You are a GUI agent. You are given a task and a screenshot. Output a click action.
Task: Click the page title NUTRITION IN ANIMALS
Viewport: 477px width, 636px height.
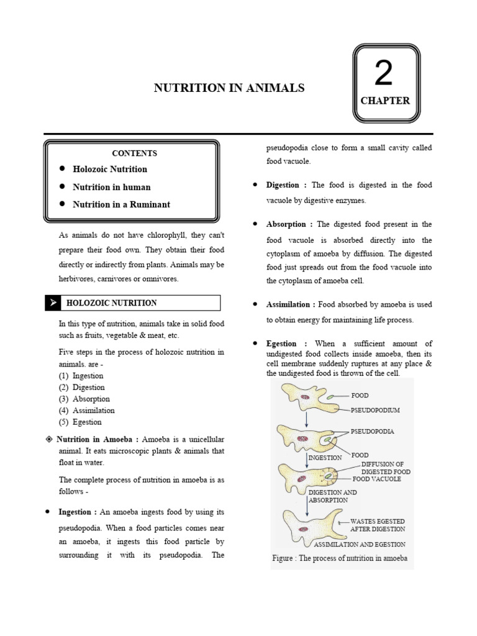click(x=229, y=88)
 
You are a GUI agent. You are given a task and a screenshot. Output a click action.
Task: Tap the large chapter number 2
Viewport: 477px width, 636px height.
click(x=384, y=74)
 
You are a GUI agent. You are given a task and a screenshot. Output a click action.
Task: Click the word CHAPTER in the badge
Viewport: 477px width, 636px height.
click(x=385, y=101)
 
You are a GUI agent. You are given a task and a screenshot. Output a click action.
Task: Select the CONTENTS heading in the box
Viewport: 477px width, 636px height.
click(x=134, y=153)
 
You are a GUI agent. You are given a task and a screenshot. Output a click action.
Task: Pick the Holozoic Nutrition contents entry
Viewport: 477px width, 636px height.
click(x=110, y=170)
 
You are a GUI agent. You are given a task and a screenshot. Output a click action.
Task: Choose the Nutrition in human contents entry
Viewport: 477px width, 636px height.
click(x=111, y=187)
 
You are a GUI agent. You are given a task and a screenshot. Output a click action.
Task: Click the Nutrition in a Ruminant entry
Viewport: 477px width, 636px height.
click(x=121, y=204)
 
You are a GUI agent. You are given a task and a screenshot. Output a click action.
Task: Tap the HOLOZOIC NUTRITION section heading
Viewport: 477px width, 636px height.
click(x=112, y=303)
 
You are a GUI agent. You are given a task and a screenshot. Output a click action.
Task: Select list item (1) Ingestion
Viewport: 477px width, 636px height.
click(x=81, y=376)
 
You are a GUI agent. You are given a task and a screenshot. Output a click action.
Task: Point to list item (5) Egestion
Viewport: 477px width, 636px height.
click(x=80, y=422)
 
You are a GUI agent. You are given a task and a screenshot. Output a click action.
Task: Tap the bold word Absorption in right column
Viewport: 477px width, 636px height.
click(x=286, y=224)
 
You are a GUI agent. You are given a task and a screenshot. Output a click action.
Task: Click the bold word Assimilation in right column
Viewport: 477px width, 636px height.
click(x=288, y=304)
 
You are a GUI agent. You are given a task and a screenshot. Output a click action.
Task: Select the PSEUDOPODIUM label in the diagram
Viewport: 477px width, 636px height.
click(x=375, y=411)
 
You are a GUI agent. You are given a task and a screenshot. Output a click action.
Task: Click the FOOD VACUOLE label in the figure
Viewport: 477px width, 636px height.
click(x=377, y=479)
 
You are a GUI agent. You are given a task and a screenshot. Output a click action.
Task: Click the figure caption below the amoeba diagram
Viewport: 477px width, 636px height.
click(x=340, y=558)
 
